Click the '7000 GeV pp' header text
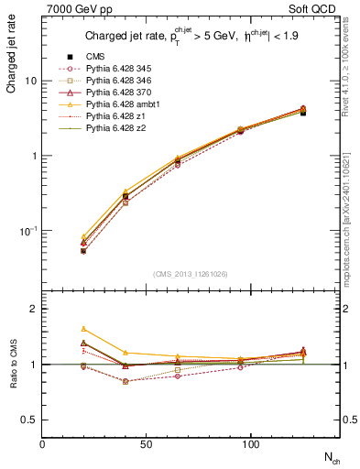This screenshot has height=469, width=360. click(74, 10)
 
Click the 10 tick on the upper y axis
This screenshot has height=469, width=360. click(30, 81)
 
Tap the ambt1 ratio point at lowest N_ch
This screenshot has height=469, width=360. click(83, 328)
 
